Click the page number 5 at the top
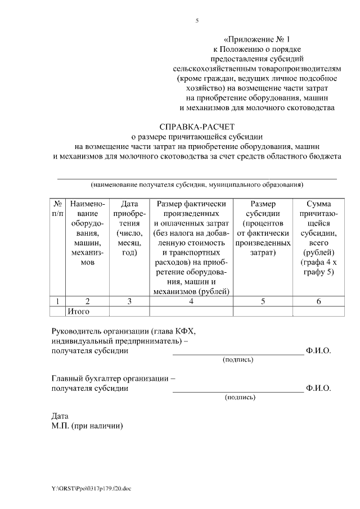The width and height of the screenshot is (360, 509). click(197, 21)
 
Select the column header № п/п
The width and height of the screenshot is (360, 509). click(57, 209)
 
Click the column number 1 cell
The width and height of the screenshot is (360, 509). click(57, 301)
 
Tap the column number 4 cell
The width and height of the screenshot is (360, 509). click(191, 301)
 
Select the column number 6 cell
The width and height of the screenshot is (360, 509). click(318, 301)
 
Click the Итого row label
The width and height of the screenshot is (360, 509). click(78, 311)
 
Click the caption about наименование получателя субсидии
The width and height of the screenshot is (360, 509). click(197, 184)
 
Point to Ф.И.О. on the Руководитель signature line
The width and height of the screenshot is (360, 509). click(318, 350)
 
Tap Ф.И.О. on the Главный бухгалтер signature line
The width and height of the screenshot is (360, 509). click(318, 388)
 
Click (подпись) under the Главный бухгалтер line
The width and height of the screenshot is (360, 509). click(240, 398)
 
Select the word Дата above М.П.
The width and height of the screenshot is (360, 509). click(60, 416)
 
